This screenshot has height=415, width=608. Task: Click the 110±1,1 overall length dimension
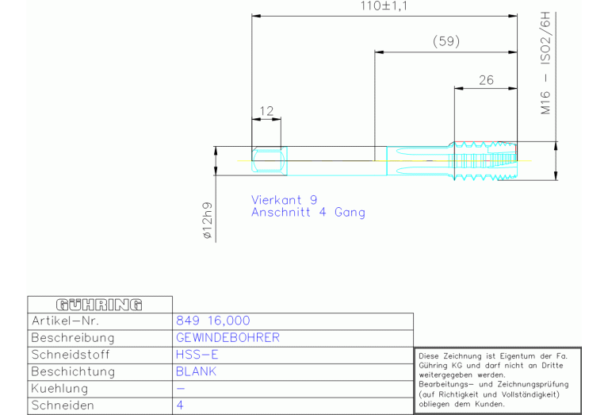pos(384,6)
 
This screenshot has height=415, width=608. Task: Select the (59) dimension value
pos(446,41)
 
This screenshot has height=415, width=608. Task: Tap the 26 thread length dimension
pos(486,80)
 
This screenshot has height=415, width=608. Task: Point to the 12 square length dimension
pos(266,111)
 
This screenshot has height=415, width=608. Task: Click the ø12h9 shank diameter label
pos(208,220)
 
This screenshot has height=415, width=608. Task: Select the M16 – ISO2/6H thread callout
pos(545,63)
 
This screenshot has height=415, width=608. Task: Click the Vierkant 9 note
pos(285,200)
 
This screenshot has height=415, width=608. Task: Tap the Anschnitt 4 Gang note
pos(308,213)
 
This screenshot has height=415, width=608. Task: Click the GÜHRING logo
pos(99,305)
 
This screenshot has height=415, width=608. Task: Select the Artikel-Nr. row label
pos(65,321)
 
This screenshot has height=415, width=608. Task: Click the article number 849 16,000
pos(213,321)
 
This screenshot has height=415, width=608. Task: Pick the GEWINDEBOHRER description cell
pos(228,338)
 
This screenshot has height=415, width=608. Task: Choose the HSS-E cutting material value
pos(197,355)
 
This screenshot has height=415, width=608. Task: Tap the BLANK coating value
pos(196,371)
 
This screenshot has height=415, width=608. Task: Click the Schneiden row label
pos(63,405)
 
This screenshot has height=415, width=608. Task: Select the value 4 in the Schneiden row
pos(180,405)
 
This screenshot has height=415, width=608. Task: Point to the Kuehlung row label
pos(59,389)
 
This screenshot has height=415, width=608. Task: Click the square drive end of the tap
pos(269,161)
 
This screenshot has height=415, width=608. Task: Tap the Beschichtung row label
pos(73,371)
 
